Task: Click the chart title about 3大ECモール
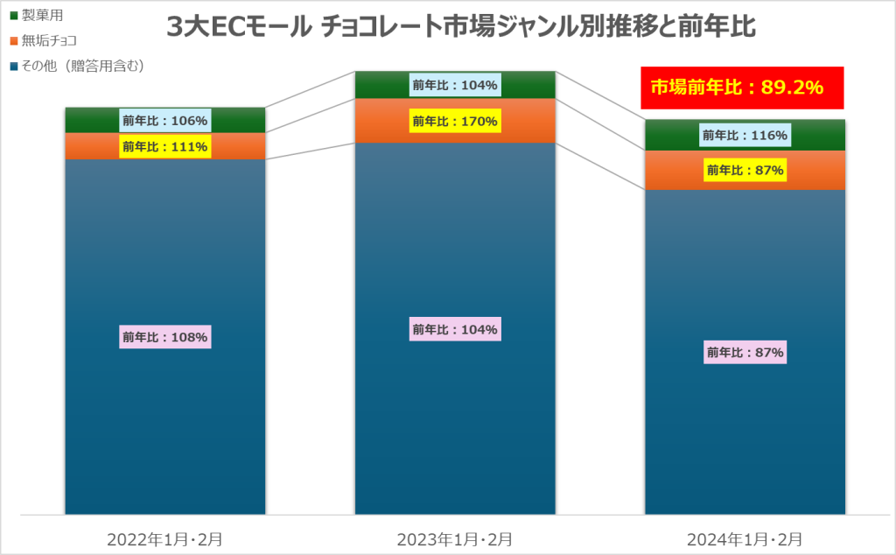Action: pos(460,28)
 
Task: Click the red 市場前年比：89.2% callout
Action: pos(740,87)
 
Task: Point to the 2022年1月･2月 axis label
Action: pos(165,537)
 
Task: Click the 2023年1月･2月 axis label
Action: pos(455,537)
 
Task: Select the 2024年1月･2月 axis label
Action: pos(745,537)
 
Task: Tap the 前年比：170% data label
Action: pos(455,122)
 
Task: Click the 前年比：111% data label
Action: pos(165,146)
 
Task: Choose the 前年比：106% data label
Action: pos(165,120)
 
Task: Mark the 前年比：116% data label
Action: pos(745,135)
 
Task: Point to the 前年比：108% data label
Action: pos(165,336)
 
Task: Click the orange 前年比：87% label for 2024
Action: pos(745,170)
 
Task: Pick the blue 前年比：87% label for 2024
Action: pos(745,353)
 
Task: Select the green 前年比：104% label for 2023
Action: pos(455,85)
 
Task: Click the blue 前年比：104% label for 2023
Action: pos(455,329)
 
